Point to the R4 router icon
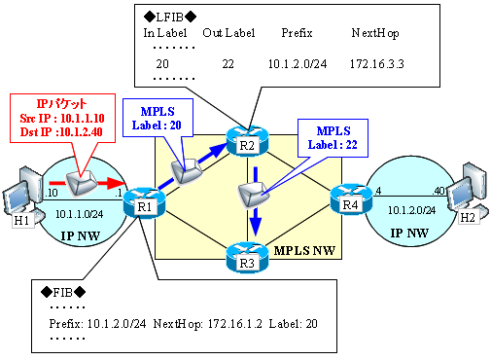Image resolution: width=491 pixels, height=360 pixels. [349, 202]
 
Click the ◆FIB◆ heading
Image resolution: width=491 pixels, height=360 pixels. [62, 291]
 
